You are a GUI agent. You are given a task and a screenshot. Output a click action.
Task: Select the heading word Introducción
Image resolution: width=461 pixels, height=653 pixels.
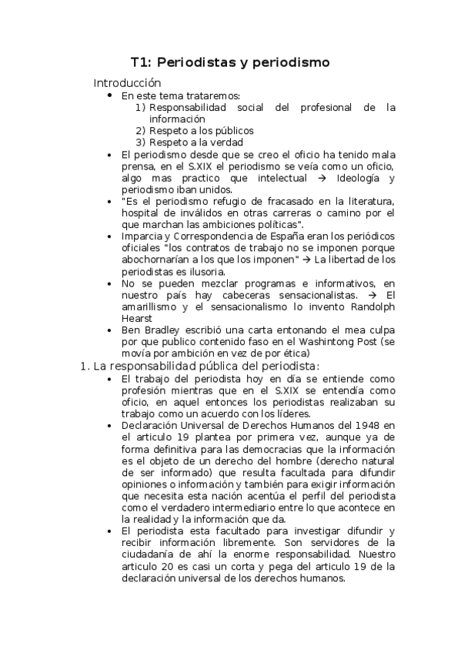[127, 82]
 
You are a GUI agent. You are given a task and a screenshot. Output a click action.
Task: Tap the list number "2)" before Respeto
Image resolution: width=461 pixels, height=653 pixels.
[141, 130]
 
